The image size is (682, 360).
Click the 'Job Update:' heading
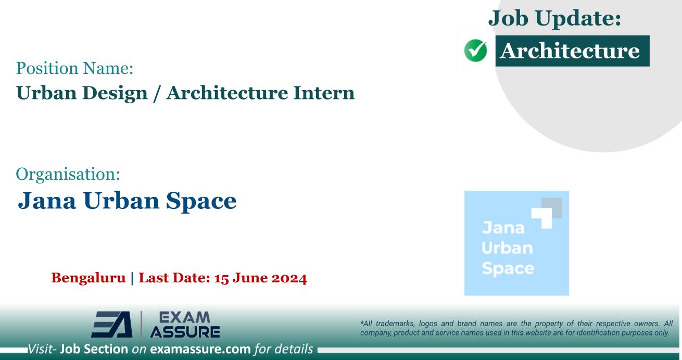click(x=555, y=20)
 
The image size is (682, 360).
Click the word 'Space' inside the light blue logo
click(x=500, y=269)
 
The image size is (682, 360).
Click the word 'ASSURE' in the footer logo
click(x=184, y=331)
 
